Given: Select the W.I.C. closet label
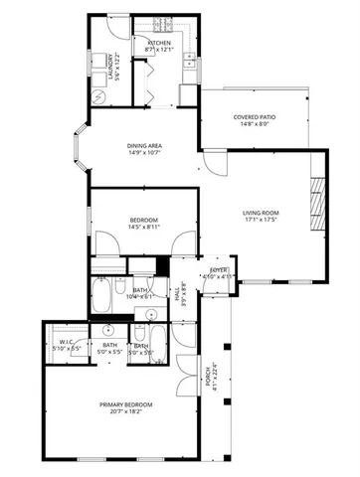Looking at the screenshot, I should tap(58, 343).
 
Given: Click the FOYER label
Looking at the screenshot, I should tap(218, 270).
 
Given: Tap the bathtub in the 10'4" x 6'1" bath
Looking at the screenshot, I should tap(102, 295).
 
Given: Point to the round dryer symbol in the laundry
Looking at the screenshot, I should tap(98, 96).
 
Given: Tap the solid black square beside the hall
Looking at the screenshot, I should tap(161, 266).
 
